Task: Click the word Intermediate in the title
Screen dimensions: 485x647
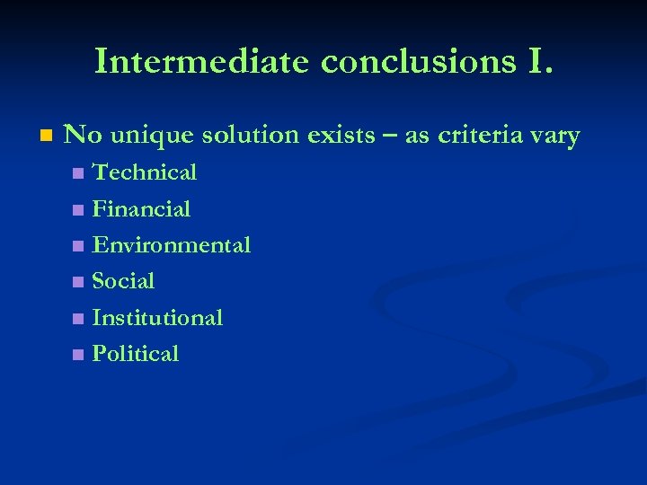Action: (x=202, y=60)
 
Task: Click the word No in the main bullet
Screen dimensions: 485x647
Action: (x=83, y=136)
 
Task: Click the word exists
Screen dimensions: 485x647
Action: (x=341, y=136)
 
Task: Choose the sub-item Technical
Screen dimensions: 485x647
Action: (x=145, y=172)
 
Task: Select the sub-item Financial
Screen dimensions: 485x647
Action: (x=141, y=209)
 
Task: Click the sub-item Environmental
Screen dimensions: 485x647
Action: (x=171, y=245)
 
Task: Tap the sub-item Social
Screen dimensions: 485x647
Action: (x=123, y=281)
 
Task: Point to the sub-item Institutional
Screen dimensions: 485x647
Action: (x=157, y=318)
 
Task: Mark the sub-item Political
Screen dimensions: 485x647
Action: (x=136, y=354)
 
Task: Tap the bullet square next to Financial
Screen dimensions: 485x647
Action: (x=78, y=210)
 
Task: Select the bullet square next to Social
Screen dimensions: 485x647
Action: (x=78, y=282)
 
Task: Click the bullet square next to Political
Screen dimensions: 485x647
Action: (x=78, y=355)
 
